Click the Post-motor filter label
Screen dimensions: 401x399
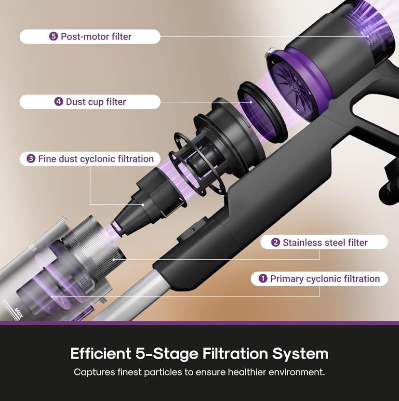pyautogui.click(x=90, y=37)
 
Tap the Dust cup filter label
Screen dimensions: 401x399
pyautogui.click(x=90, y=102)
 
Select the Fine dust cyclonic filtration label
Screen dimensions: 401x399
pyautogui.click(x=90, y=159)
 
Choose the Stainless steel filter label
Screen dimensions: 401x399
pyautogui.click(x=324, y=242)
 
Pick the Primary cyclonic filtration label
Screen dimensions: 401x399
pyautogui.click(x=319, y=279)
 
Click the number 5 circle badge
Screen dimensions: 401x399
pyautogui.click(x=53, y=37)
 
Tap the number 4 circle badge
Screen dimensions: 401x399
pyautogui.click(x=59, y=102)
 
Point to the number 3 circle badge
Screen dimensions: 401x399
pyautogui.click(x=31, y=159)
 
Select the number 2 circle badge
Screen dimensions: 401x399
pyautogui.click(x=276, y=242)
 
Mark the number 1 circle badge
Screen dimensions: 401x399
pyautogui.click(x=263, y=279)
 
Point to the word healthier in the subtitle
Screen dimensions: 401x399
pyautogui.click(x=251, y=373)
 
